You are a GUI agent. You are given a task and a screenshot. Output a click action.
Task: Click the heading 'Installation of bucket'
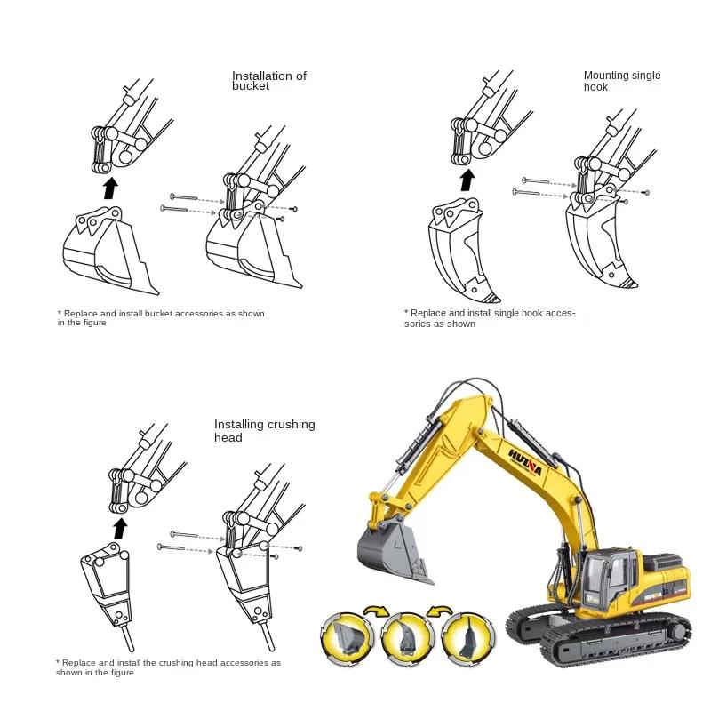pyautogui.click(x=268, y=81)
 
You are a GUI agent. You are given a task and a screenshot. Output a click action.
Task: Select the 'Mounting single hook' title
pyautogui.click(x=621, y=81)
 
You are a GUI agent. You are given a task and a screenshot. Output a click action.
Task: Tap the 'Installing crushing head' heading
pyautogui.click(x=264, y=431)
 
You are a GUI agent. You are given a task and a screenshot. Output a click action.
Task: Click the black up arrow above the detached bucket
pyautogui.click(x=109, y=188)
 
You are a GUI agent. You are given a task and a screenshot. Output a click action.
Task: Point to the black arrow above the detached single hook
pyautogui.click(x=467, y=180)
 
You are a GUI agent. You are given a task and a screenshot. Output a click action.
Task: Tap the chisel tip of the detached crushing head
pyautogui.click(x=130, y=639)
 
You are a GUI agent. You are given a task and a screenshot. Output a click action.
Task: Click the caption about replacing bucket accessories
pyautogui.click(x=161, y=317)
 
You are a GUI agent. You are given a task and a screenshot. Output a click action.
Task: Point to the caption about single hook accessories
pyautogui.click(x=490, y=318)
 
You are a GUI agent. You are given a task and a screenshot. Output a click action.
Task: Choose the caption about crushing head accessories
pyautogui.click(x=168, y=667)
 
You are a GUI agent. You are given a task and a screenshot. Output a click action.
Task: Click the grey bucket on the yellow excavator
pyautogui.click(x=392, y=550)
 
